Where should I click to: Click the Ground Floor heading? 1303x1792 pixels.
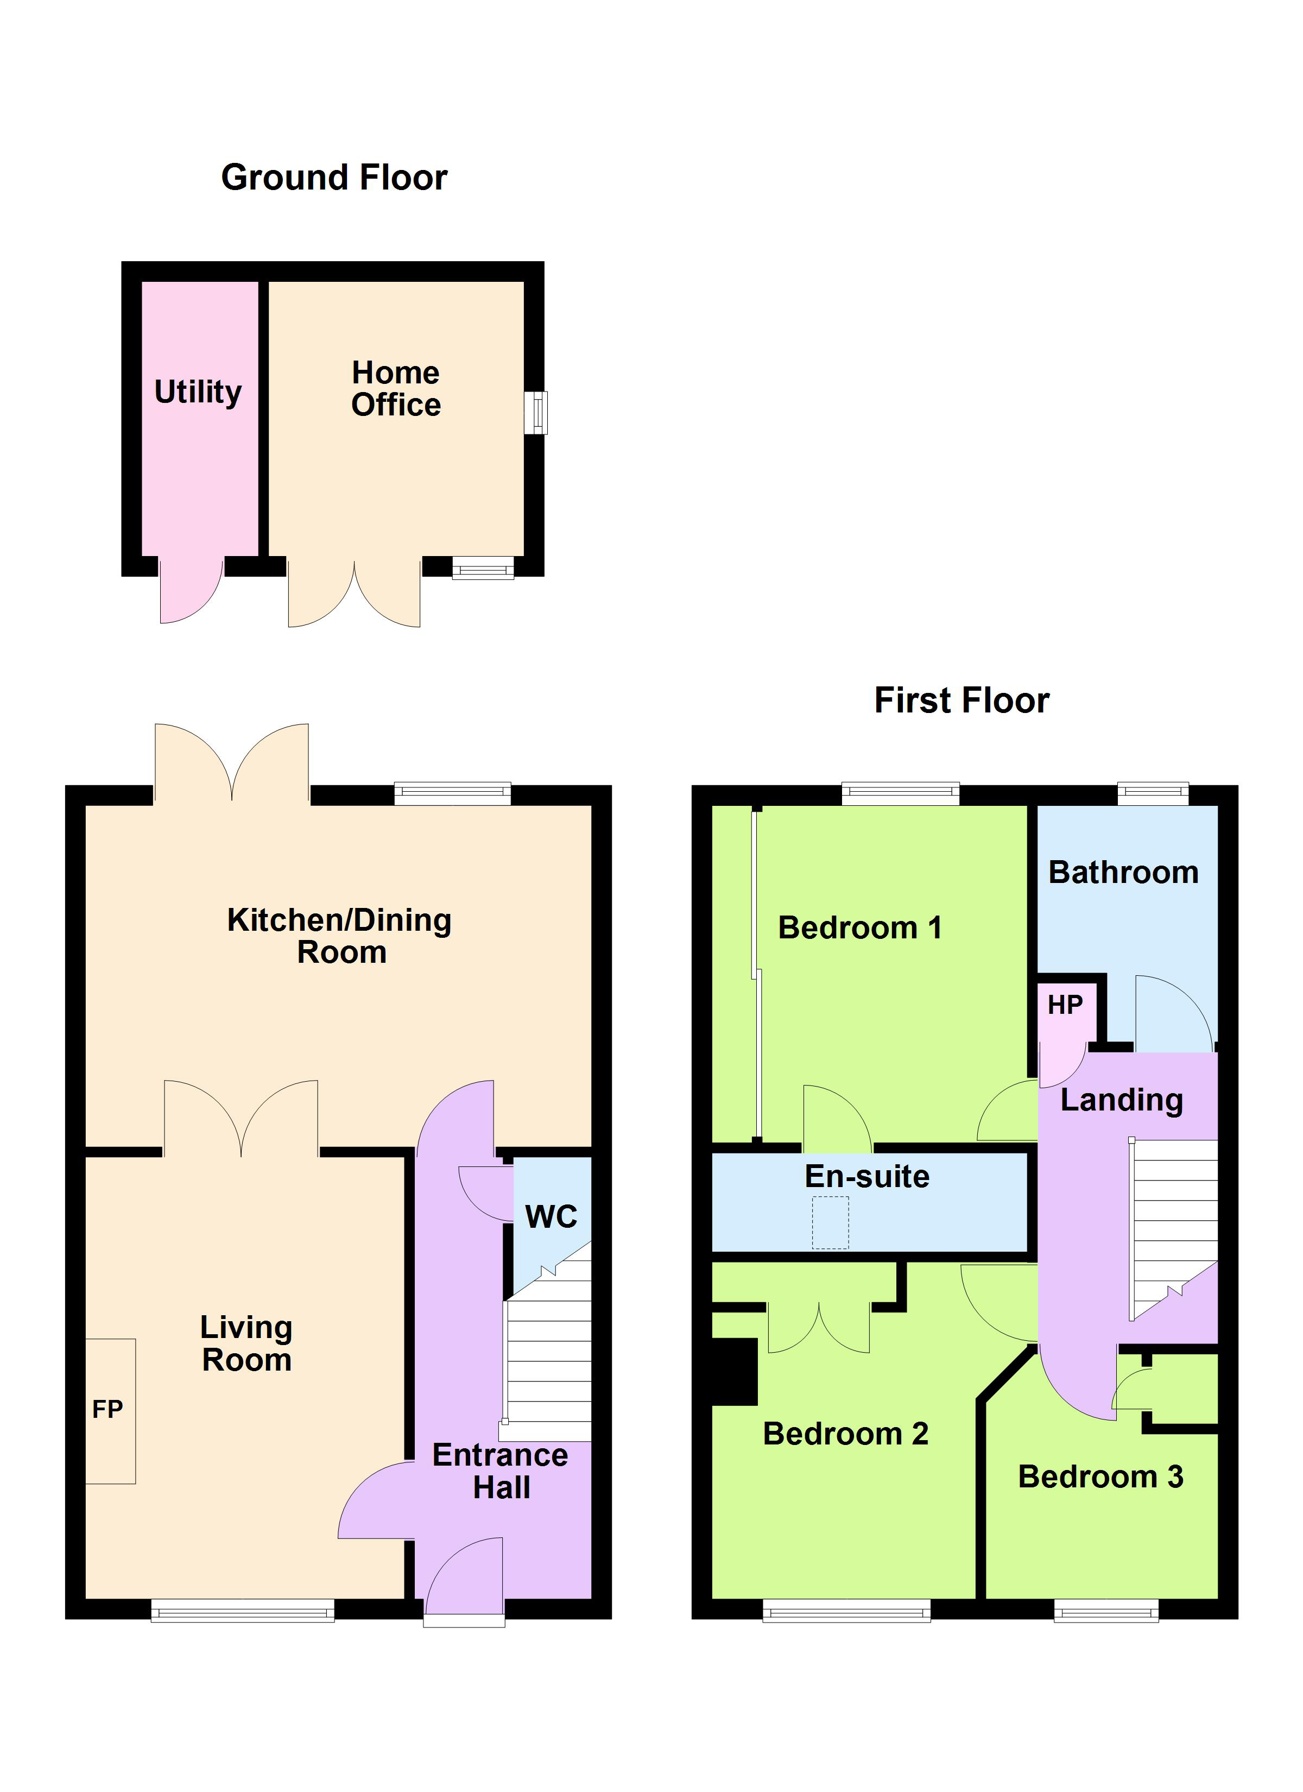pyautogui.click(x=334, y=178)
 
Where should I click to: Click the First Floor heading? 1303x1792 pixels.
pyautogui.click(x=962, y=701)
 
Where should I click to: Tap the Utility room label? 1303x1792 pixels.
pyautogui.click(x=198, y=392)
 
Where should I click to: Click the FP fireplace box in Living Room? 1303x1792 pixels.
pyautogui.click(x=110, y=1410)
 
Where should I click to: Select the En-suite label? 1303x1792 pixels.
pyautogui.click(x=867, y=1177)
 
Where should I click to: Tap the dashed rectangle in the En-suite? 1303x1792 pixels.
pyautogui.click(x=831, y=1222)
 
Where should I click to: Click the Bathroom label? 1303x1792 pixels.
pyautogui.click(x=1123, y=872)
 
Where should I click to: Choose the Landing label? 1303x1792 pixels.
pyautogui.click(x=1121, y=1100)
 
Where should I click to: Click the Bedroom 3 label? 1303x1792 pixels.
pyautogui.click(x=1100, y=1476)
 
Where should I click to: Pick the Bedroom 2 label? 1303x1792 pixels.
pyautogui.click(x=845, y=1434)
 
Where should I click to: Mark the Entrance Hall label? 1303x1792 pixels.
pyautogui.click(x=500, y=1471)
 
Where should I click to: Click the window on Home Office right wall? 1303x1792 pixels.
pyautogui.click(x=536, y=413)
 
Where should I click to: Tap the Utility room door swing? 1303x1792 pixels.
pyautogui.click(x=189, y=592)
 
